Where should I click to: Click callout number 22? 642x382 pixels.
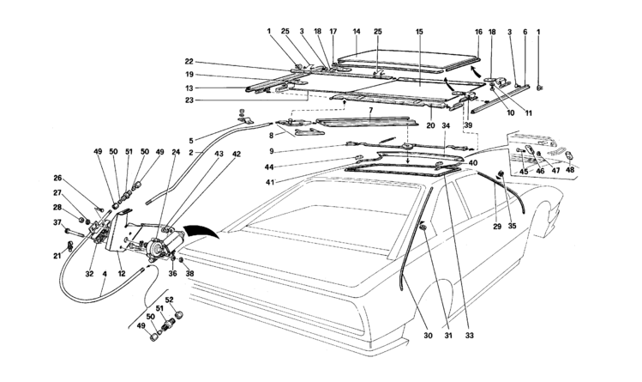pos(189,62)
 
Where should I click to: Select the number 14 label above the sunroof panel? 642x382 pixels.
pos(357,32)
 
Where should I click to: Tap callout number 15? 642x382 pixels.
pos(419,32)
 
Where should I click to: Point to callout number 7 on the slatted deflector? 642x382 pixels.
pos(370,111)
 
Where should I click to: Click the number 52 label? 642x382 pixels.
pos(171,300)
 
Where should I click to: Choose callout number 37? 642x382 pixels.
pos(57,222)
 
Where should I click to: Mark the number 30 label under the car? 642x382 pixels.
pos(428,336)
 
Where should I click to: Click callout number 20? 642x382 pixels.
pos(430,126)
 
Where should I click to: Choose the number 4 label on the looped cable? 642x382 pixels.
pos(105,282)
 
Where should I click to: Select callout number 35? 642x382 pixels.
pos(512,226)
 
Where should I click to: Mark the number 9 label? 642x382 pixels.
pos(272,152)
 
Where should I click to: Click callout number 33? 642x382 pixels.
pos(469,336)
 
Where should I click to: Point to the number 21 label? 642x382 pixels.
pos(57,257)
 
